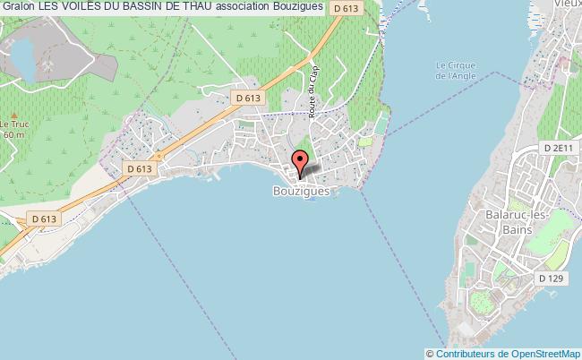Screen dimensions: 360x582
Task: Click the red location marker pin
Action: [301, 161]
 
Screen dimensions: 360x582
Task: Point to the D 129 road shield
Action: [552, 279]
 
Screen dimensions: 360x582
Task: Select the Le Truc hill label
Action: [12, 124]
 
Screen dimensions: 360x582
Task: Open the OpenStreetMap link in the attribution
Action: [543, 354]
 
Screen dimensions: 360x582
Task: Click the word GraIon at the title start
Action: [17, 7]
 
